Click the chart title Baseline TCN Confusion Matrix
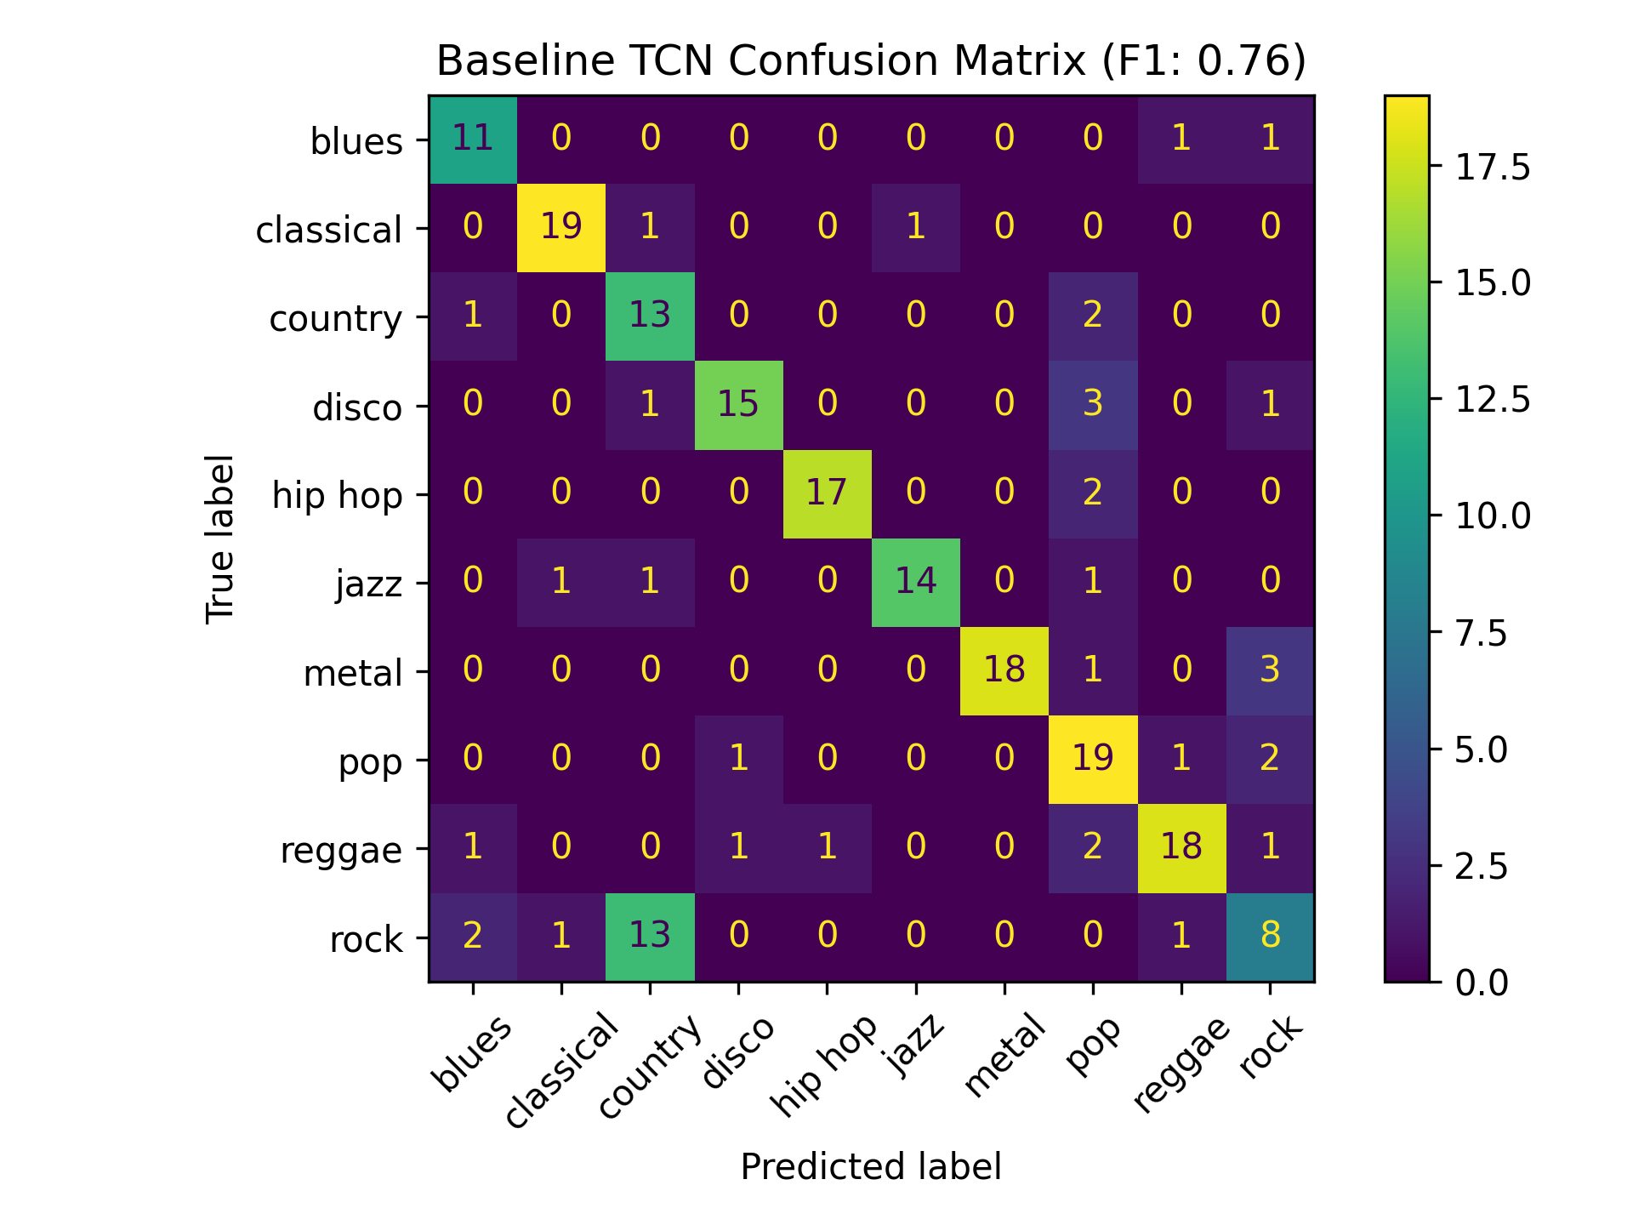[871, 61]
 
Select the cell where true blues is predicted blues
[473, 139]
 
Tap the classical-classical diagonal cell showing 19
[561, 227]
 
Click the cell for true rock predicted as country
[650, 936]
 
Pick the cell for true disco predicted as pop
[1092, 404]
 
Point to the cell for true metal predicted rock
[1269, 670]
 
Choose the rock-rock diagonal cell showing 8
[1269, 936]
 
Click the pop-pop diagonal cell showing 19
[1092, 759]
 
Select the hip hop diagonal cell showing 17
[827, 493]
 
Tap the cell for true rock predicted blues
[473, 936]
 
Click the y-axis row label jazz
[368, 584]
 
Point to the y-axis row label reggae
[341, 850]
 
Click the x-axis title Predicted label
[871, 1167]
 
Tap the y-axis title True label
[220, 539]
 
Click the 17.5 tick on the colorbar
[1493, 168]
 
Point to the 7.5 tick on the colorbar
[1481, 634]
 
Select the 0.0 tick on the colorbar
[1481, 983]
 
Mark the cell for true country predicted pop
[1092, 316]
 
